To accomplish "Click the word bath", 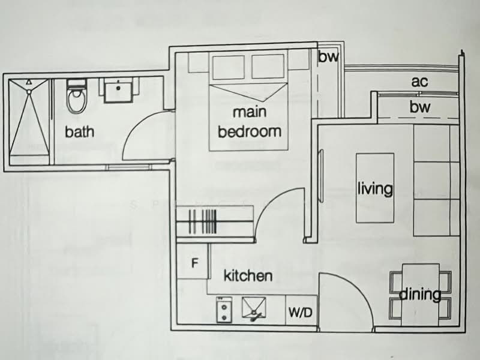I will point(79,131).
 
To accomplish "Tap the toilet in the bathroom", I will point(76,99).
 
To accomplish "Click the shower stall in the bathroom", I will point(29,123).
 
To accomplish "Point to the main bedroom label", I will point(249,122).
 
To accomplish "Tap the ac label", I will point(420,82).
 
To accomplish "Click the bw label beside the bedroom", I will point(328,58).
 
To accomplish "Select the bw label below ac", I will point(420,107).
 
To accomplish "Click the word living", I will point(375,189).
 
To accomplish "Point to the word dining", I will point(420,295).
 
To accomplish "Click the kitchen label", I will point(248,276).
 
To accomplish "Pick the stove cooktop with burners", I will point(224,309).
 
